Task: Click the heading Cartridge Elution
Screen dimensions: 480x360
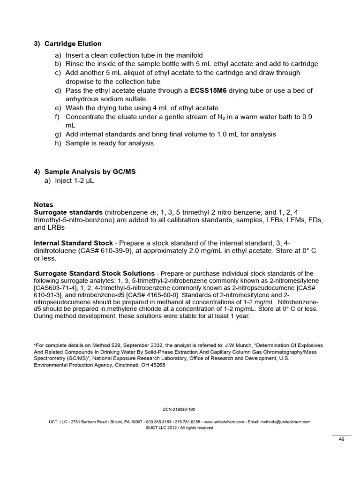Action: (73, 44)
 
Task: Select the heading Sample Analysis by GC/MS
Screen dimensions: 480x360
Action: (90, 172)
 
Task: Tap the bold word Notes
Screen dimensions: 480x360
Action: (44, 205)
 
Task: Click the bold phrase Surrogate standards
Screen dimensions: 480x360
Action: (68, 212)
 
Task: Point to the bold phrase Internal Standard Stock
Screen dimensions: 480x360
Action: (73, 243)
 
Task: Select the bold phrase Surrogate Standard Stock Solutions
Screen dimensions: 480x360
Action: (94, 273)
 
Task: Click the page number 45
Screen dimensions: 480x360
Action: (342, 439)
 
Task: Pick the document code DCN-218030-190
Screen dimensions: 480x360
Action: (180, 409)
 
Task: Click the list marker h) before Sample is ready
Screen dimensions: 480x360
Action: (58, 143)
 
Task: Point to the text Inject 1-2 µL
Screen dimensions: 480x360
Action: (80, 181)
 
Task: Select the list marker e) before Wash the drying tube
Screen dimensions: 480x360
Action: (58, 107)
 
